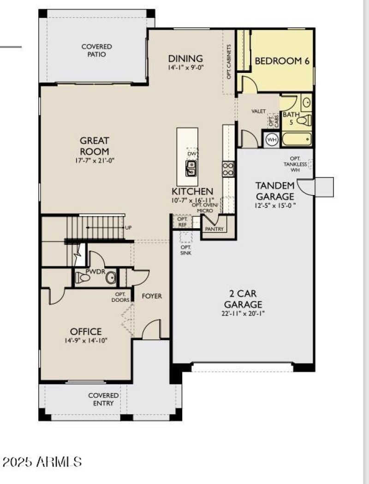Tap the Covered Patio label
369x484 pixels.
96,50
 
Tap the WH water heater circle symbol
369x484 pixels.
272,140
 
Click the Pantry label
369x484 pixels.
214,229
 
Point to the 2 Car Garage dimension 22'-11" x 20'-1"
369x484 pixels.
243,313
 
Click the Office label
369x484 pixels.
86,331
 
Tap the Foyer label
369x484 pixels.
152,296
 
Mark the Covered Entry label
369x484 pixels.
103,399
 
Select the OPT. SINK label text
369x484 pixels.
186,250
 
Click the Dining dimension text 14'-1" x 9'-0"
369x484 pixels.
185,67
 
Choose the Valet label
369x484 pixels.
258,112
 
